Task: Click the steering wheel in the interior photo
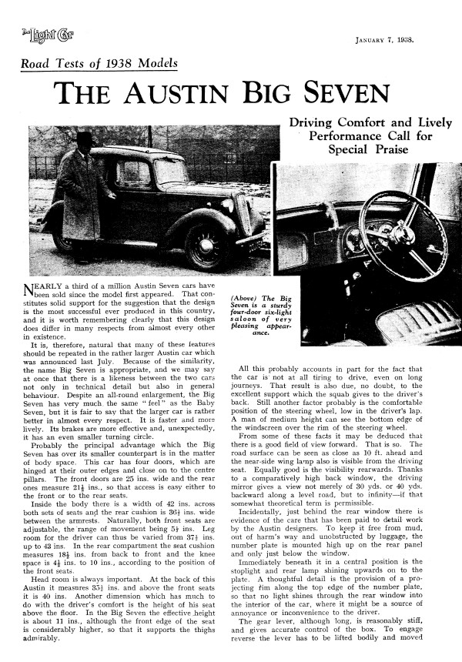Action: tap(400, 232)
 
